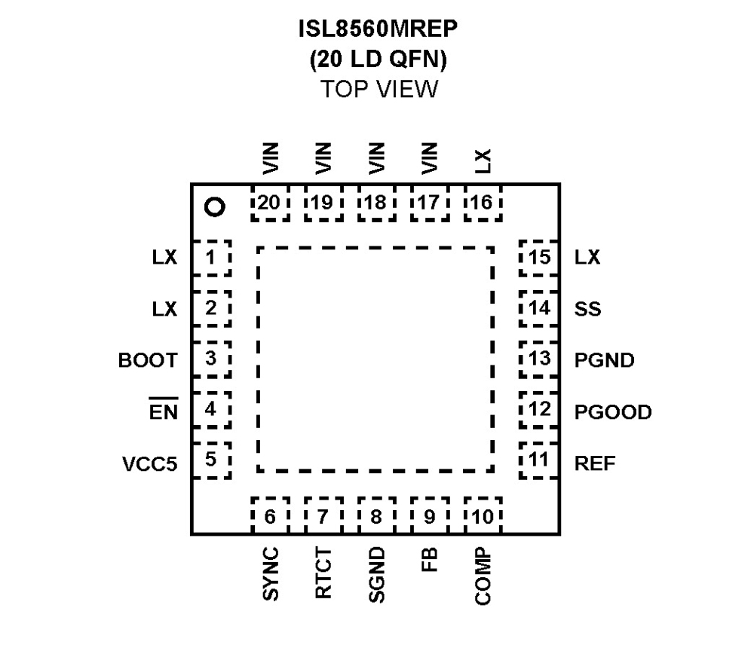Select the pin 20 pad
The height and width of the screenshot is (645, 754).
[x=269, y=203]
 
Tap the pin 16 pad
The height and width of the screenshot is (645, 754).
[x=483, y=203]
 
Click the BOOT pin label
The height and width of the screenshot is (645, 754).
[x=148, y=360]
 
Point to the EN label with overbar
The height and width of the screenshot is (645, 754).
[x=163, y=411]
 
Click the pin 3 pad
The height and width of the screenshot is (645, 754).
[x=211, y=359]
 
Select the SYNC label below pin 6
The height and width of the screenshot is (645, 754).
[x=271, y=574]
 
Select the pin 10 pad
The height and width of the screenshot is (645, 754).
[x=483, y=516]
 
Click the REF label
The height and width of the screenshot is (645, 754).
[x=595, y=463]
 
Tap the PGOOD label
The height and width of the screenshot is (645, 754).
[x=612, y=412]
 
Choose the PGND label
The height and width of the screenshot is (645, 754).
[x=604, y=360]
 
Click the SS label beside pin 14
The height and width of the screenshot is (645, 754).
[x=587, y=309]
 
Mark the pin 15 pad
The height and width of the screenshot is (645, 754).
[x=539, y=258]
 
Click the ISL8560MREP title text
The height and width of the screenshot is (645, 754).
[x=377, y=32]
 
